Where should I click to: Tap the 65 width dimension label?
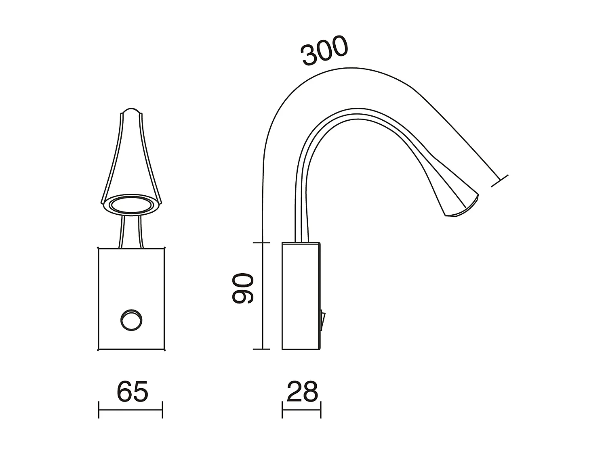tap(133, 391)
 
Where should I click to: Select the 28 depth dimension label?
tap(303, 391)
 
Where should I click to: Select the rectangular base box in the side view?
tap(301, 296)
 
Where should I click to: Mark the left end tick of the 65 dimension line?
tap(99, 409)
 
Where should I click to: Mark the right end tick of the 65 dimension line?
tap(162, 409)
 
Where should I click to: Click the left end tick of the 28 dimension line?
tap(282, 409)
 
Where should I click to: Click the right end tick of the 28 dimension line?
tap(321, 409)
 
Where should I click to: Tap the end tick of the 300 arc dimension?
tap(500, 181)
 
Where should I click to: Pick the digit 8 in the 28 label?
tap(310, 391)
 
